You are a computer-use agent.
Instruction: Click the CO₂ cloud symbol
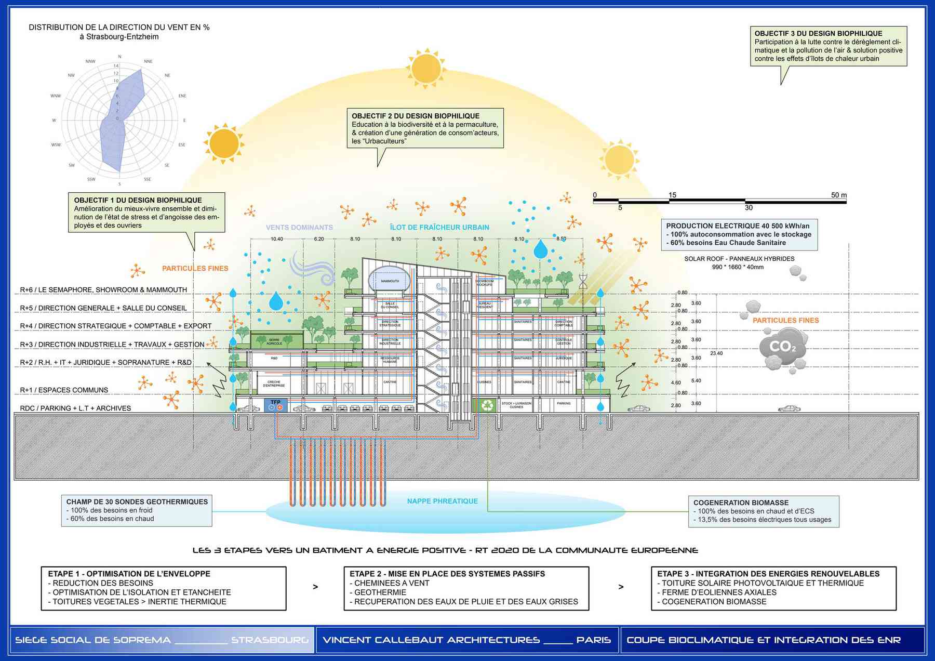tap(782, 347)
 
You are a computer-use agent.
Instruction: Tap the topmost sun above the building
tap(426, 68)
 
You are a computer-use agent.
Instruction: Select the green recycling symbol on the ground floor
tap(487, 404)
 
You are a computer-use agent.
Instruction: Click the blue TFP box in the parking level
tap(275, 405)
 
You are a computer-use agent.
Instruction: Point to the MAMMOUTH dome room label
tap(390, 281)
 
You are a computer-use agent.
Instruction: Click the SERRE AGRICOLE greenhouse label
tap(274, 341)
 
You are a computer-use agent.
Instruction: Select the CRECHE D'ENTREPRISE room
tap(274, 384)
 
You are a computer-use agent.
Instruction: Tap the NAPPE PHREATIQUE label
tap(442, 501)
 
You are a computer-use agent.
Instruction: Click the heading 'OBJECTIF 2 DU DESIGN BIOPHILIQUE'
tap(415, 116)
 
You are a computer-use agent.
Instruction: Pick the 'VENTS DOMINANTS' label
tap(299, 227)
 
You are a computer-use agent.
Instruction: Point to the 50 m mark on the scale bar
tap(838, 195)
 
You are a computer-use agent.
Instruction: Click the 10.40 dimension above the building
tap(277, 239)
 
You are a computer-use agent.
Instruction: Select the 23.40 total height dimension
tap(716, 353)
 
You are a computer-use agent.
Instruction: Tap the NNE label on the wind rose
tap(148, 61)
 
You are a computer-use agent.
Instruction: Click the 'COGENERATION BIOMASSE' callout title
tap(741, 503)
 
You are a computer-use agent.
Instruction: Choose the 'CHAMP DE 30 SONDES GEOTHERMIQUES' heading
tap(137, 501)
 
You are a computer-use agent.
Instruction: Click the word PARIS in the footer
tap(593, 640)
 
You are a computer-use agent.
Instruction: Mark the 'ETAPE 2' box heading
tap(447, 574)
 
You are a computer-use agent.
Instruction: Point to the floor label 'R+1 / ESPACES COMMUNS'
tap(64, 390)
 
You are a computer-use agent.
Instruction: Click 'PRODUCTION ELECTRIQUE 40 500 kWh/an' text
tap(738, 226)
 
